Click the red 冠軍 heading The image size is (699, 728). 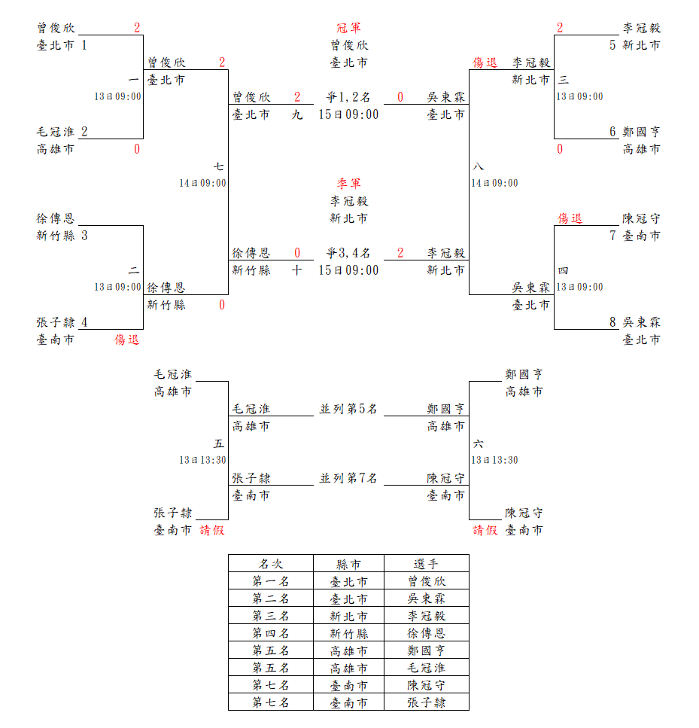pos(348,28)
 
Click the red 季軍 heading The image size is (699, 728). pos(348,184)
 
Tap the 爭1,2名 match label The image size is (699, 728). pos(348,97)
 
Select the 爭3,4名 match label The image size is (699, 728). pos(348,253)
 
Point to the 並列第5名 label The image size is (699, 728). pos(348,409)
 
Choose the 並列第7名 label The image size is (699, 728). pos(348,478)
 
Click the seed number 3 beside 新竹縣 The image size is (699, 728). pos(84,236)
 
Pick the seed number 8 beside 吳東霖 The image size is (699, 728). pos(613,322)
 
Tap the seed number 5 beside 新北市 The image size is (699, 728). pos(613,45)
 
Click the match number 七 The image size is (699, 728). pos(218,166)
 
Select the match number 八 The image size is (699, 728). pos(479,166)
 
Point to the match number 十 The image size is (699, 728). pos(297,270)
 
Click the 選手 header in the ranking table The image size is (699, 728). pos(427,563)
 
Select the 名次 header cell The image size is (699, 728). pos(270,563)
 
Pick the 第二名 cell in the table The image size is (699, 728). pos(270,599)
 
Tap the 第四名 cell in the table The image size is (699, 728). pos(270,633)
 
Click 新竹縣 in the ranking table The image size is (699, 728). pos(348,633)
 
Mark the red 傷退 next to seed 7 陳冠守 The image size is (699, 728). pos(570,218)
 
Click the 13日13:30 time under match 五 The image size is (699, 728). pos(202,460)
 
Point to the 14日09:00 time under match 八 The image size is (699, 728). pos(494,183)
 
